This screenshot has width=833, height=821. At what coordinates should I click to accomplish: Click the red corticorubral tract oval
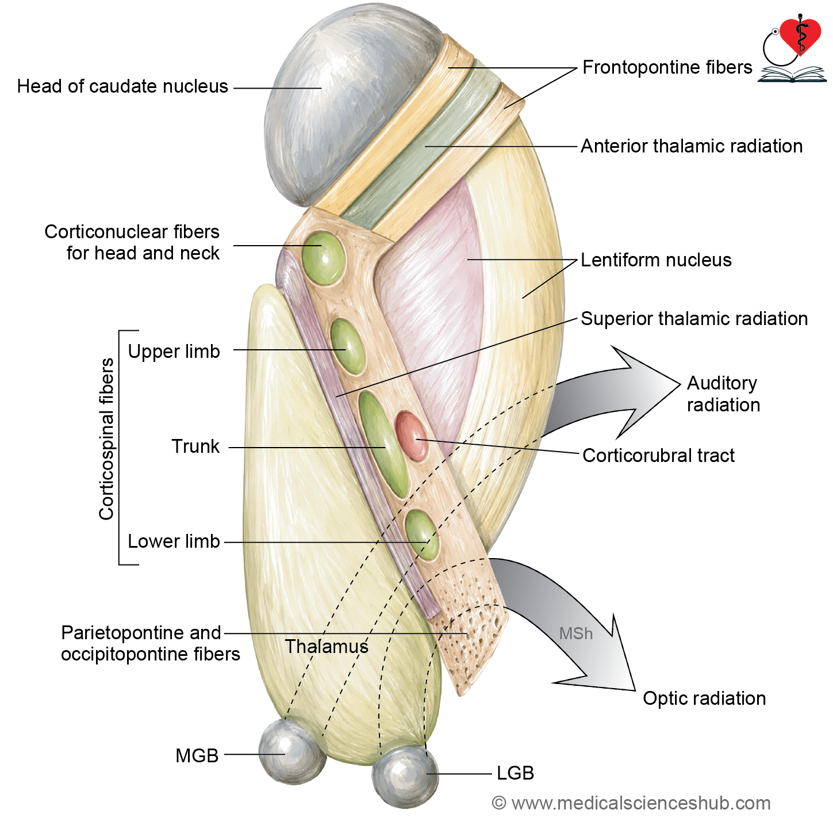[411, 436]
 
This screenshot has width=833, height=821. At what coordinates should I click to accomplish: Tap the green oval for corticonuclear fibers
[323, 258]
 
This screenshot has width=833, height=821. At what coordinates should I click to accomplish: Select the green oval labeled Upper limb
[347, 347]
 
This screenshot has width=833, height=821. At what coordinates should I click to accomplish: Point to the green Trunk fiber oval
[384, 445]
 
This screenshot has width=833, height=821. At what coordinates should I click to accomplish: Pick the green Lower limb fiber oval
[421, 535]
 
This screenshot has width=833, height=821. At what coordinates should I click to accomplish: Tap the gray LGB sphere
[405, 776]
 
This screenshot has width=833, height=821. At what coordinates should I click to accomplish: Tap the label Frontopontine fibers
[667, 67]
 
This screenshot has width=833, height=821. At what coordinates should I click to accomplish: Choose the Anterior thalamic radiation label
[692, 146]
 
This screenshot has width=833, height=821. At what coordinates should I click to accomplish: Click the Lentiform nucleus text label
[656, 260]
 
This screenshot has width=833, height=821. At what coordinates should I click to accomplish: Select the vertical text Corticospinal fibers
[106, 439]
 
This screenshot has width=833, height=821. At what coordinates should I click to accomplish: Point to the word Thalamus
[327, 647]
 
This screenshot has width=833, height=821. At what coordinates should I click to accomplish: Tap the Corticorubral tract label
[658, 455]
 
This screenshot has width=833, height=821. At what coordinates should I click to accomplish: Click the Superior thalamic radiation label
[694, 319]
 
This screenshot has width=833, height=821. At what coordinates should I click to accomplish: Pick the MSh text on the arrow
[576, 633]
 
